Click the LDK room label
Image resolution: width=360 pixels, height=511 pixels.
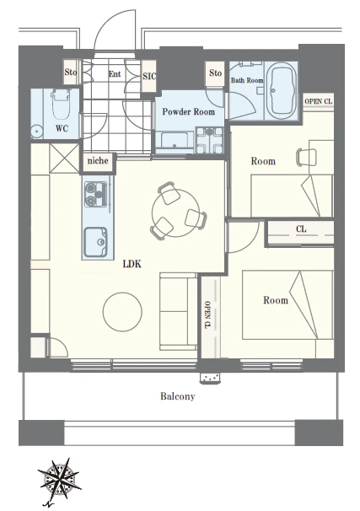(x=132, y=264)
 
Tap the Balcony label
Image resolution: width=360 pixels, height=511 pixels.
(x=178, y=396)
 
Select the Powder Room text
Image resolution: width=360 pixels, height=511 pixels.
(x=189, y=112)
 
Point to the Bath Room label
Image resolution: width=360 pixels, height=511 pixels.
(x=247, y=80)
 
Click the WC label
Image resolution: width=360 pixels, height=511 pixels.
(x=62, y=128)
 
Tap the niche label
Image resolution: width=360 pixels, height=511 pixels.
(x=98, y=161)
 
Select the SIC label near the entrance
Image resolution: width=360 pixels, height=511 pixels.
(x=149, y=76)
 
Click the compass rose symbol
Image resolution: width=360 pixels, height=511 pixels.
(x=59, y=478)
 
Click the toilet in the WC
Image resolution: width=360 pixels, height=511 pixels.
(x=61, y=105)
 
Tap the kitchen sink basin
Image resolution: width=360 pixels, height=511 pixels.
(x=95, y=242)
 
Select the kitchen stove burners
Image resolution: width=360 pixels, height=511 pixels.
(x=96, y=194)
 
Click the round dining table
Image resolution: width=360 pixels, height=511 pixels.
(x=175, y=213)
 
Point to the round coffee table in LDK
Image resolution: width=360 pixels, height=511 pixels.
(x=122, y=312)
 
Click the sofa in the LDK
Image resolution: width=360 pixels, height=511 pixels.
(x=178, y=312)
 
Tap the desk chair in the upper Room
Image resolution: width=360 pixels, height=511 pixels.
(x=307, y=158)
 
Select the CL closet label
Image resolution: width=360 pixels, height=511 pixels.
(x=301, y=229)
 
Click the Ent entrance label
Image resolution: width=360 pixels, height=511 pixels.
(x=115, y=74)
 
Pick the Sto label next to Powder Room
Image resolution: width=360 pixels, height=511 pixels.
(x=215, y=73)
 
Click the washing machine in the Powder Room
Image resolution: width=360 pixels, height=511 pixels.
(x=209, y=140)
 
